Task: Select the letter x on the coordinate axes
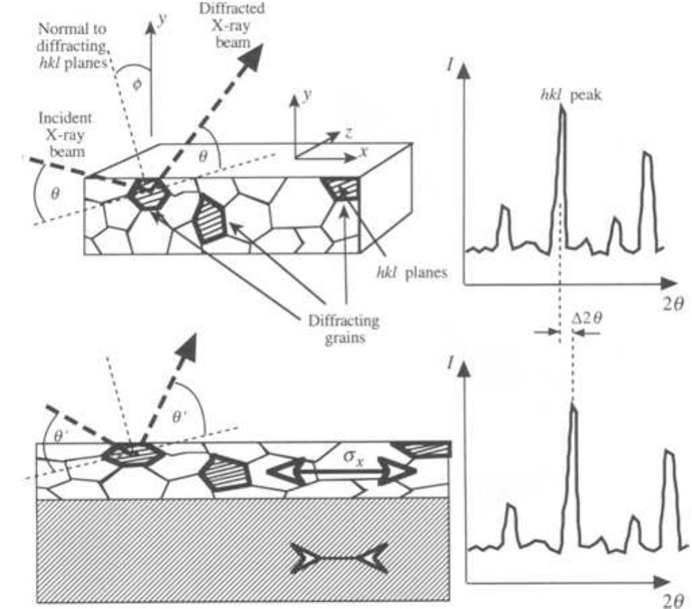pyautogui.click(x=363, y=154)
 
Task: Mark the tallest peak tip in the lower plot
pyautogui.click(x=573, y=405)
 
